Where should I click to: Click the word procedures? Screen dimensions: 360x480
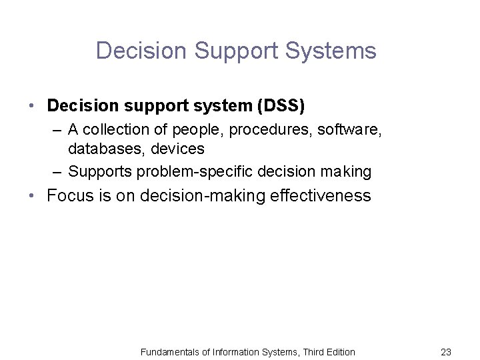260,130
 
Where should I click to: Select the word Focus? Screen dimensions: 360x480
69,197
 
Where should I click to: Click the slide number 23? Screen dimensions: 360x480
446,351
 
